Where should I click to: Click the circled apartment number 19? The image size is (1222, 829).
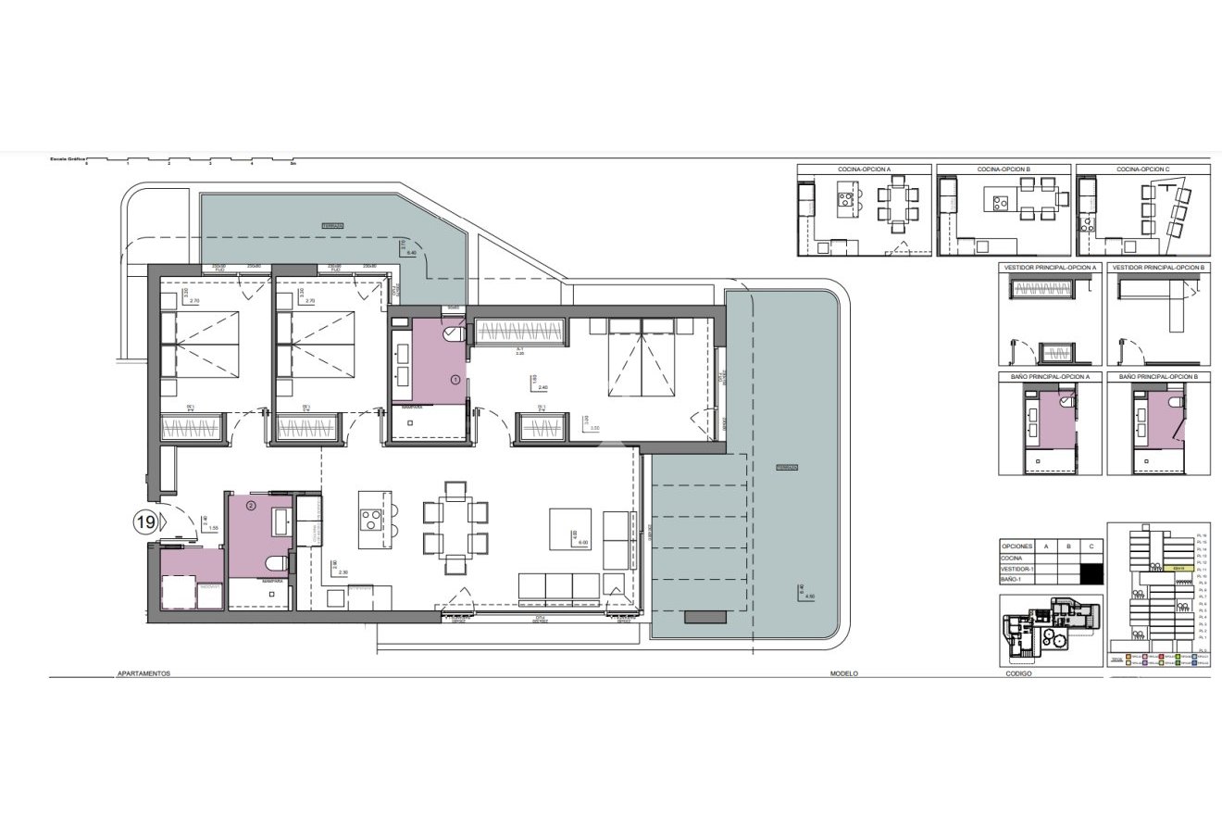pos(145,522)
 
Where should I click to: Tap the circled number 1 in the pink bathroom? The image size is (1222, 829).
pos(455,380)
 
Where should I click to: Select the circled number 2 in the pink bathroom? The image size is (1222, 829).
pos(250,506)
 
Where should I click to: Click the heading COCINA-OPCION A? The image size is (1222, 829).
pos(864,170)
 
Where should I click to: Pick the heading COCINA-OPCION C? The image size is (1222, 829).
pos(1142,170)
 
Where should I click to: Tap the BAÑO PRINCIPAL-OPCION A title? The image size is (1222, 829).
pos(1050,378)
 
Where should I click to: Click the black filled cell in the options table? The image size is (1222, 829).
pos(1093,573)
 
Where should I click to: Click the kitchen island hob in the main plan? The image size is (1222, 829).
pos(371,521)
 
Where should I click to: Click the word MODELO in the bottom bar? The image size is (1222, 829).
pos(844,674)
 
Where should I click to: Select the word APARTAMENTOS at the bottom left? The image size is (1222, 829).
pos(143,674)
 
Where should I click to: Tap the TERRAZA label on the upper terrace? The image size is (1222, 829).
pos(332,225)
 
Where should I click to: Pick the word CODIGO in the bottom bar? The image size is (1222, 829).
pos(1018,674)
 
